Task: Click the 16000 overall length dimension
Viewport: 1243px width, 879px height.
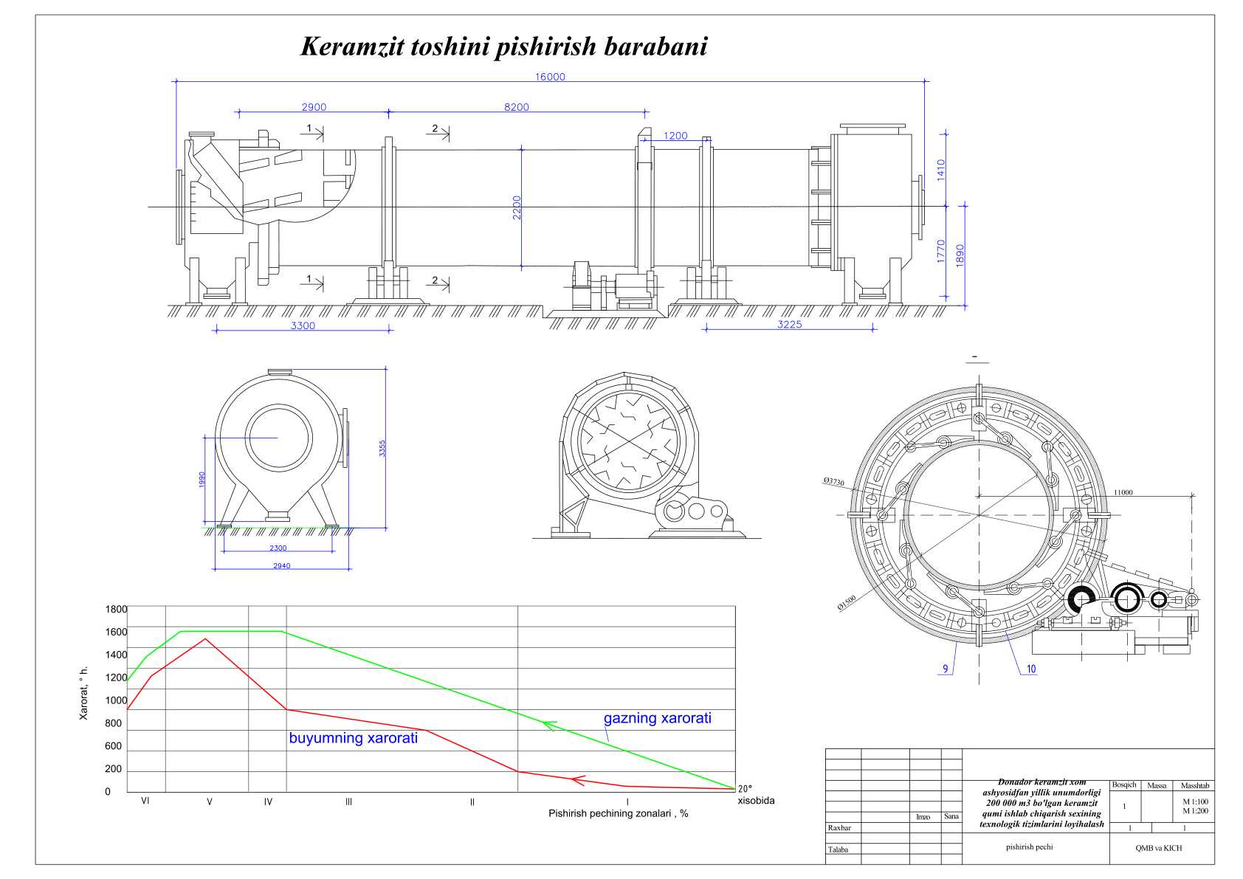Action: (550, 77)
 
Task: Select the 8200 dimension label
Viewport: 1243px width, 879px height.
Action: (517, 107)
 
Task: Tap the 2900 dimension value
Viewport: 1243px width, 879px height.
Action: (314, 107)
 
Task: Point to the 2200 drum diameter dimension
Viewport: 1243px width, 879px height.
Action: (517, 207)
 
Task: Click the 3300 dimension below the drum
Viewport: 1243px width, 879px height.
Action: (303, 325)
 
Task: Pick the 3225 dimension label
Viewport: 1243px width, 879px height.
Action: (789, 325)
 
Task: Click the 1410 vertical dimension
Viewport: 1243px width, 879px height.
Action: (941, 170)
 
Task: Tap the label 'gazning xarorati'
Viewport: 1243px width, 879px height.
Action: (657, 718)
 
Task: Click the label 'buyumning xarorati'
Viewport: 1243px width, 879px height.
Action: (353, 738)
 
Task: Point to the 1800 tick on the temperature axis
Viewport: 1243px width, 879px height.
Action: (117, 610)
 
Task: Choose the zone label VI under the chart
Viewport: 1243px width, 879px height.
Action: (145, 801)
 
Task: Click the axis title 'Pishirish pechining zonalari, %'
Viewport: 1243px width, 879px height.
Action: (618, 813)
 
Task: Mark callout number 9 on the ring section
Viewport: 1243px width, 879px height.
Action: (946, 669)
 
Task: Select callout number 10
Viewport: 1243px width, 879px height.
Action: (1030, 669)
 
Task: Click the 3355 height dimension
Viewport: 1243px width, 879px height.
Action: (382, 448)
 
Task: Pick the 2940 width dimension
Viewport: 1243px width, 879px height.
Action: (281, 566)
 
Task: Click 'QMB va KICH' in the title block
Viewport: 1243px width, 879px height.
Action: (1158, 848)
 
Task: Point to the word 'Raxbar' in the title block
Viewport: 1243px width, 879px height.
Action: (839, 828)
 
